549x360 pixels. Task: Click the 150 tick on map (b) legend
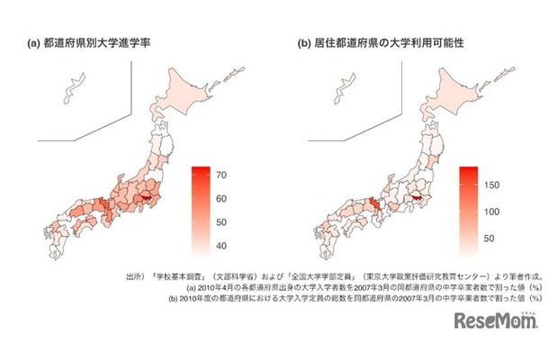coord(495,184)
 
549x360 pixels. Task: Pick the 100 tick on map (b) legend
coord(495,211)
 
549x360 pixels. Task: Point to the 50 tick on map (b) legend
coord(495,240)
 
